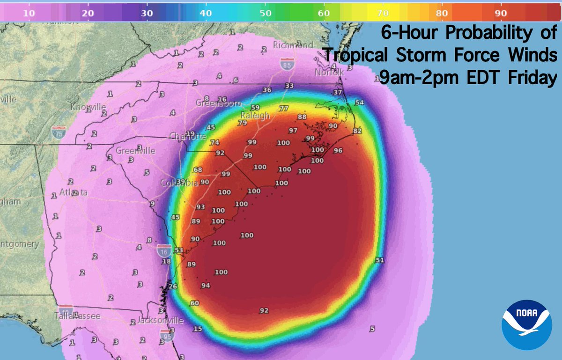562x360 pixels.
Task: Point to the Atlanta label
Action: [x=74, y=192]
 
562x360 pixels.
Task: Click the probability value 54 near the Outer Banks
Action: [x=359, y=103]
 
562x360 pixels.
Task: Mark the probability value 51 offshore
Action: [x=380, y=260]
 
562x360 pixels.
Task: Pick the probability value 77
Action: [x=283, y=109]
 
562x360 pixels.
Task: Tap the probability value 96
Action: [x=338, y=151]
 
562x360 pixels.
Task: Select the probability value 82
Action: [x=357, y=131]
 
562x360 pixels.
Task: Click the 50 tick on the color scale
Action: [x=265, y=14]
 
